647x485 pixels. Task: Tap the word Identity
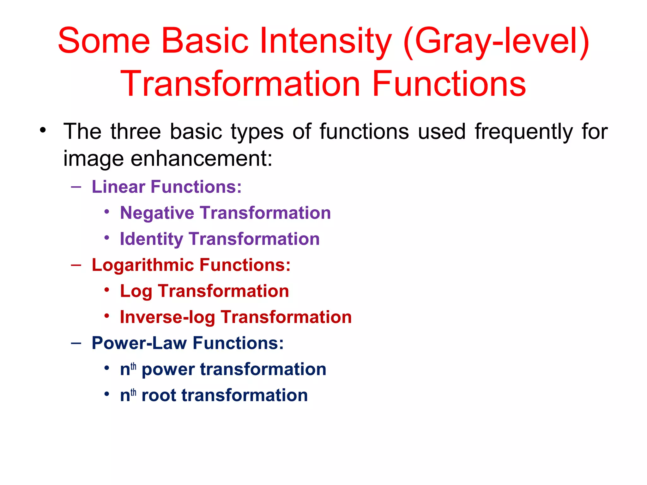click(x=151, y=239)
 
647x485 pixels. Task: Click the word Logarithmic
click(x=142, y=265)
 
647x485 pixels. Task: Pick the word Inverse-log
click(x=167, y=317)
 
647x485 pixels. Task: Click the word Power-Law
click(x=139, y=343)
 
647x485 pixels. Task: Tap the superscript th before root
click(x=134, y=392)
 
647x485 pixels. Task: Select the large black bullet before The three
click(x=43, y=130)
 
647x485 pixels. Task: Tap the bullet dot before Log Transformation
click(x=107, y=290)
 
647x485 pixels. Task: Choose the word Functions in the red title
click(x=449, y=84)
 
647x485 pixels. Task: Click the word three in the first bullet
click(x=136, y=132)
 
